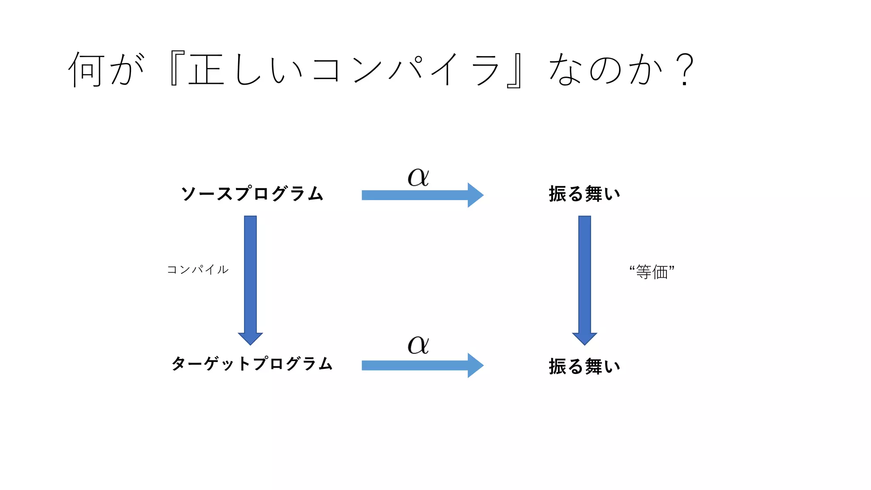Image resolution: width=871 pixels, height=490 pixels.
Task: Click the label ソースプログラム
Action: click(252, 194)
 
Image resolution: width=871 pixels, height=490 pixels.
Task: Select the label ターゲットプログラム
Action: click(252, 364)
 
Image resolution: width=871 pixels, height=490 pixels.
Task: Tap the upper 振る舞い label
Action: click(584, 194)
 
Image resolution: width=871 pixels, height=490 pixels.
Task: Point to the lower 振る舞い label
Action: click(584, 366)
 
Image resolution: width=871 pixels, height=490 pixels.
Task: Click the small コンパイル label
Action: click(198, 270)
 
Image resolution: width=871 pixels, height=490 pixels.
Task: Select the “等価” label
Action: click(652, 272)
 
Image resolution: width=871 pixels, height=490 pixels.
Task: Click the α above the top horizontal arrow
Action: click(418, 177)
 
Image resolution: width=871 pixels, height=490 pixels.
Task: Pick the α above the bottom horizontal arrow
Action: click(418, 345)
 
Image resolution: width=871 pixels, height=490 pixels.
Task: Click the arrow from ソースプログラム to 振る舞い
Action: click(422, 195)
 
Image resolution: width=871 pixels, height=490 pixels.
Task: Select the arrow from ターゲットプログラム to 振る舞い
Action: click(422, 365)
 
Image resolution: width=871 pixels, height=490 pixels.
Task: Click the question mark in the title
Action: click(684, 69)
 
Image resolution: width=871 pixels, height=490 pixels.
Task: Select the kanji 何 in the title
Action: click(86, 69)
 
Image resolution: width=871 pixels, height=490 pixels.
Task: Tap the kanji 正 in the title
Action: click(206, 69)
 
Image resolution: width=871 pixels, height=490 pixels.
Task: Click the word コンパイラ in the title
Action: click(405, 69)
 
